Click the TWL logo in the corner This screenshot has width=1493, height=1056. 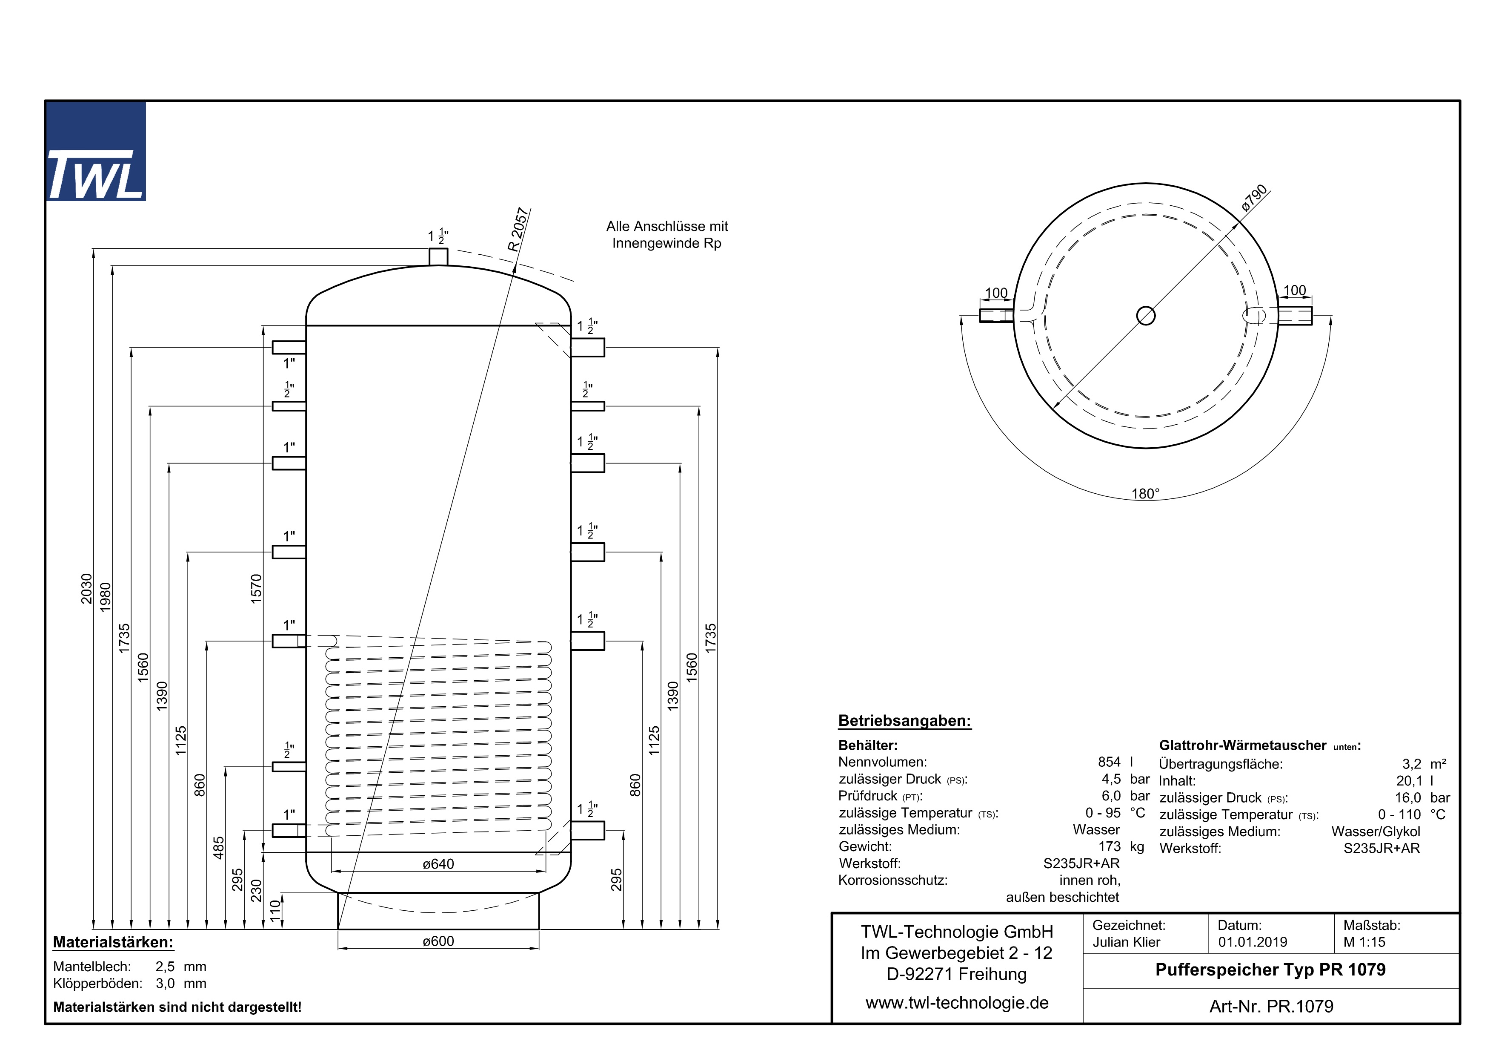96,152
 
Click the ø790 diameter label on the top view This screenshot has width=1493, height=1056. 1254,198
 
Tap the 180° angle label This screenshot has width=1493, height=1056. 1145,494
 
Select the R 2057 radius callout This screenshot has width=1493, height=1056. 518,230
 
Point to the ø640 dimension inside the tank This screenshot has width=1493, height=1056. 438,864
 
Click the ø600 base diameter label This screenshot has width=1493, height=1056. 438,941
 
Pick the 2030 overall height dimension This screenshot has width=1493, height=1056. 86,588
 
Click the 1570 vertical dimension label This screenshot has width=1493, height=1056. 256,588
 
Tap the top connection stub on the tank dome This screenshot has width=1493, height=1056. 438,256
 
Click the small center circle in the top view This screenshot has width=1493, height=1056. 1146,316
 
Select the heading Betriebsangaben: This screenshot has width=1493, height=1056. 904,721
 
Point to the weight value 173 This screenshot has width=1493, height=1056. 1110,846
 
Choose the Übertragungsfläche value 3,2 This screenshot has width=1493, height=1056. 1412,764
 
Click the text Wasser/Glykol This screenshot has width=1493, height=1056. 1375,832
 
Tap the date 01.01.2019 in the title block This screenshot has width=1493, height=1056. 1253,942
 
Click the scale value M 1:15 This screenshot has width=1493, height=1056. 1364,942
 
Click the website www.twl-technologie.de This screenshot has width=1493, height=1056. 957,1003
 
